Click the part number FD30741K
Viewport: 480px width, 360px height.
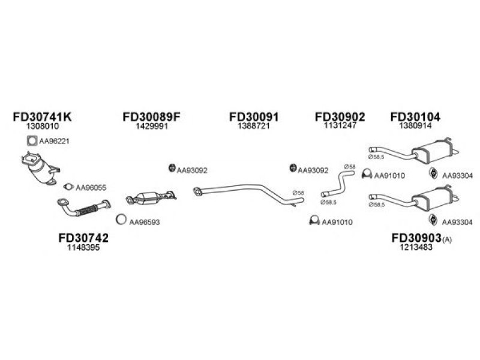tap(42, 116)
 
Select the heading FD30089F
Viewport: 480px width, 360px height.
tap(152, 116)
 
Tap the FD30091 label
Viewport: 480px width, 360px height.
tap(254, 116)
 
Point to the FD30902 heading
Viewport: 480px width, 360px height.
tap(340, 116)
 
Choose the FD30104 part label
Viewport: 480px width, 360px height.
tap(415, 116)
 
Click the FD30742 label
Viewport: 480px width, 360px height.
tap(83, 238)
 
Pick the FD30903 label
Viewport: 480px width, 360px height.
tap(416, 238)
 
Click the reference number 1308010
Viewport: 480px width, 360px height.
tap(42, 126)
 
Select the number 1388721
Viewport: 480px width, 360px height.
tap(254, 126)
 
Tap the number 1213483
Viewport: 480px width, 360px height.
tap(416, 247)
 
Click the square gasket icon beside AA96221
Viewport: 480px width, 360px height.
tap(32, 141)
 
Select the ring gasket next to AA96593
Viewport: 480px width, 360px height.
tap(121, 219)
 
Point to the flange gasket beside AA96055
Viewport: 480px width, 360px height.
tap(68, 187)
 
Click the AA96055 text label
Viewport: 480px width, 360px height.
tap(91, 188)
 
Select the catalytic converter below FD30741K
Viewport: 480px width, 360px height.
tap(40, 168)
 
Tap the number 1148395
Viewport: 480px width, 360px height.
tap(83, 247)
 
